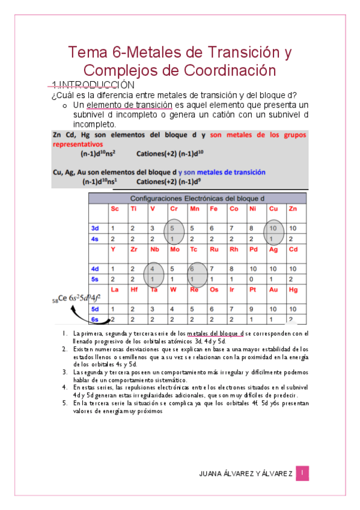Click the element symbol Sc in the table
(x=114, y=209)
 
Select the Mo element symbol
(x=174, y=249)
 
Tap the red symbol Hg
(x=293, y=289)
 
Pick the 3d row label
(x=94, y=229)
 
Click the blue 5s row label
(x=94, y=279)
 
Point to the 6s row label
(x=94, y=319)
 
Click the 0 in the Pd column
(x=253, y=279)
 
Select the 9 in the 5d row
(x=253, y=309)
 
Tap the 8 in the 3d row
(x=253, y=229)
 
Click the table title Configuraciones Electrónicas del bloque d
(x=197, y=198)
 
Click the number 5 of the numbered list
(x=64, y=404)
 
